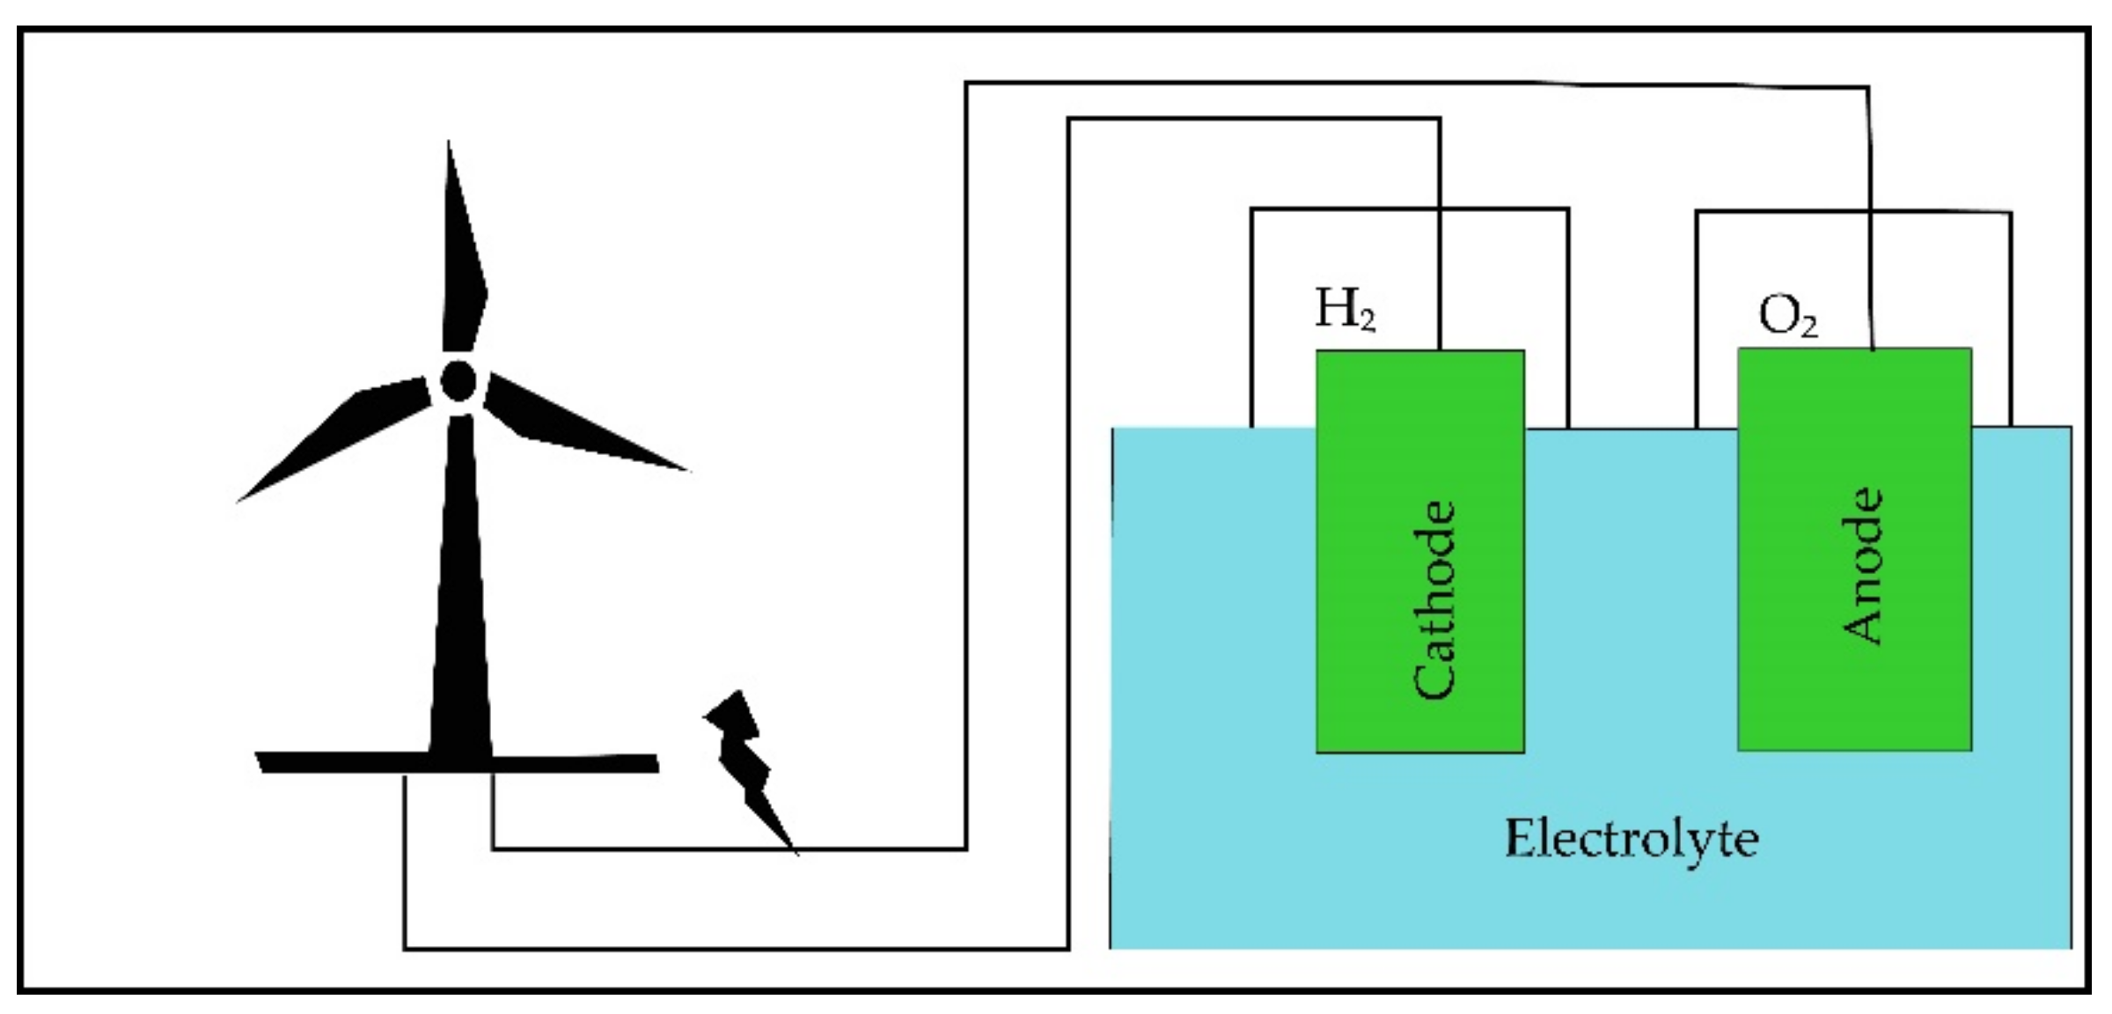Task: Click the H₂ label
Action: pyautogui.click(x=1344, y=310)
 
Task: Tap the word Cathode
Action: pyautogui.click(x=1434, y=600)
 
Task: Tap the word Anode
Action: pyautogui.click(x=1862, y=567)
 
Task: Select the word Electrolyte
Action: pyautogui.click(x=1631, y=839)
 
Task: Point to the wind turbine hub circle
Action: pyautogui.click(x=458, y=381)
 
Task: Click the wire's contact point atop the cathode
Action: pyautogui.click(x=1440, y=349)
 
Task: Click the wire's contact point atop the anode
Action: pyautogui.click(x=1872, y=349)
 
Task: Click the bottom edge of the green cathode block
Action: pyautogui.click(x=1419, y=752)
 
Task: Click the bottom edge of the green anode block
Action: pyautogui.click(x=1854, y=749)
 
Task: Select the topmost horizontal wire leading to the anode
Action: pyautogui.click(x=1408, y=83)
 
